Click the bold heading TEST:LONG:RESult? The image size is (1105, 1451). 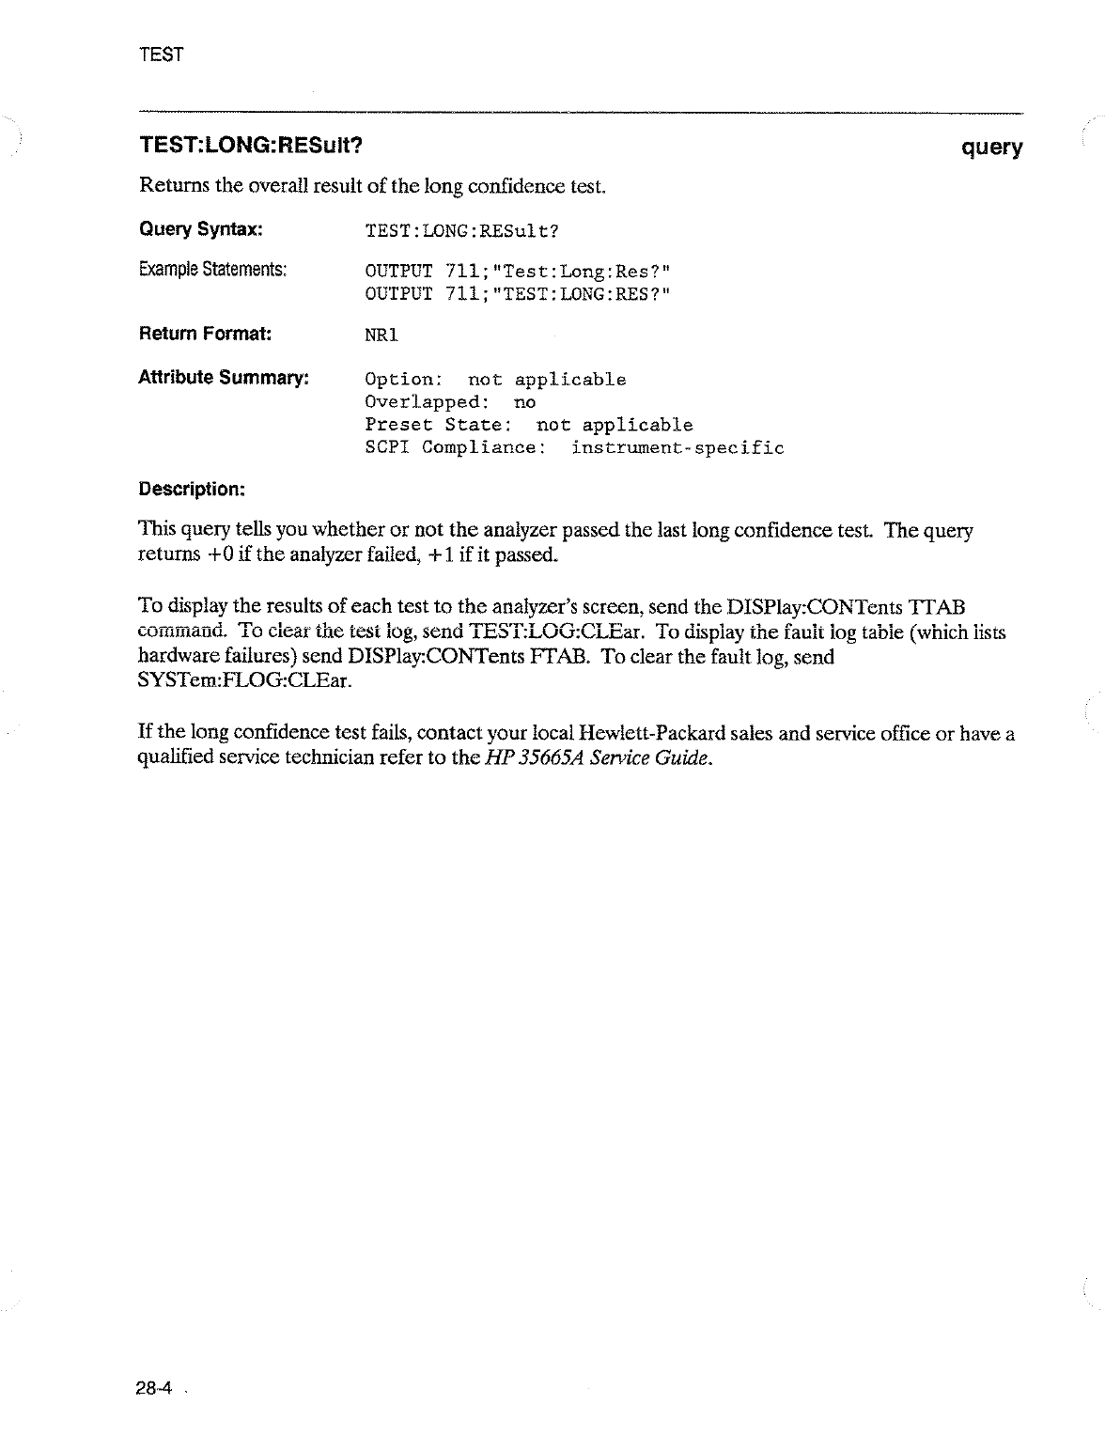(251, 147)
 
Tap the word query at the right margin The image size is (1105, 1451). (991, 148)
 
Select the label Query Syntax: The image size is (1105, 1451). (200, 229)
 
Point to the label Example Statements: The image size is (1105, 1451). (212, 271)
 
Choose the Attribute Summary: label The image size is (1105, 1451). (224, 378)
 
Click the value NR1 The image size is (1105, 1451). (381, 334)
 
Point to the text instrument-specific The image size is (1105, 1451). (677, 447)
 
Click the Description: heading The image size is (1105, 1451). (192, 489)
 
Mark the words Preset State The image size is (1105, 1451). (437, 425)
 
